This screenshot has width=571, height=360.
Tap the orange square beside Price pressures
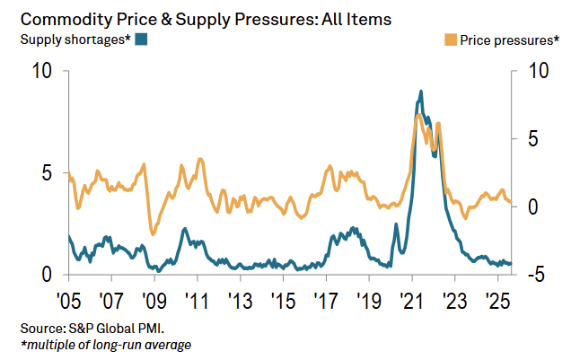point(451,39)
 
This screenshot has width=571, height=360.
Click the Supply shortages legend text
point(75,39)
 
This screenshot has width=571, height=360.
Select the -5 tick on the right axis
point(535,275)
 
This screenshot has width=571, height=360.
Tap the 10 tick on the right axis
point(536,72)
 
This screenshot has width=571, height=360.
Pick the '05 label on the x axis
point(69,299)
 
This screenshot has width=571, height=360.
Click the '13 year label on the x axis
point(240,299)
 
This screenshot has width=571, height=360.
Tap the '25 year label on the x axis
point(497,299)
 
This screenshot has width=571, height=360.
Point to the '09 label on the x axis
point(154,299)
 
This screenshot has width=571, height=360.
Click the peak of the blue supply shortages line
point(420,92)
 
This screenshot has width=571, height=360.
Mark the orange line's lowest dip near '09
point(153,233)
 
